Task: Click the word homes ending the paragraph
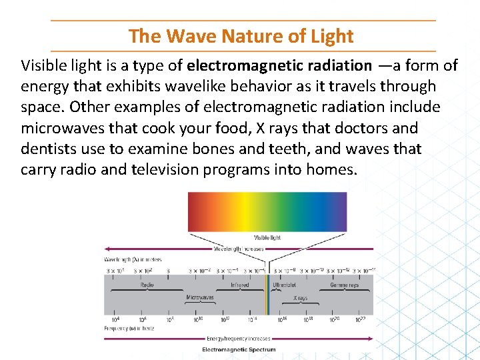(x=331, y=169)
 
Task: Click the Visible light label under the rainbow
(x=267, y=237)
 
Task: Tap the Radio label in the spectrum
(x=147, y=285)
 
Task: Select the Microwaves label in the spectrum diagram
(x=200, y=298)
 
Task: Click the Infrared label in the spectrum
(x=240, y=285)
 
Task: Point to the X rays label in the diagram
(x=301, y=298)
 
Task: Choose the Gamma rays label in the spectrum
(x=344, y=285)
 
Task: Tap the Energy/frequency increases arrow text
(x=239, y=339)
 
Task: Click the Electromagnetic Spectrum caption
(x=239, y=349)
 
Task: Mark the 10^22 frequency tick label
(x=360, y=320)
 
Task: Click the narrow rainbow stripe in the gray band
(x=267, y=295)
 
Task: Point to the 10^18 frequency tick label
(x=309, y=320)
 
